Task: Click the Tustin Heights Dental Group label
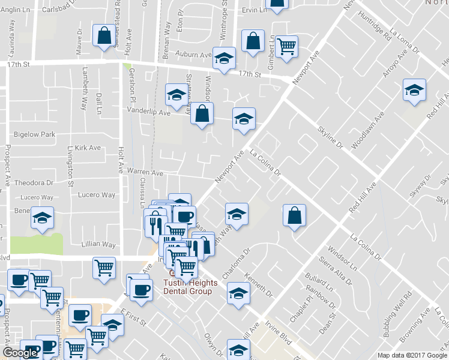coord(187,287)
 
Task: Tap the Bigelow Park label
coord(34,134)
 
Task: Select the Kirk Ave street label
coord(88,148)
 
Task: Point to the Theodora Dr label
coord(34,182)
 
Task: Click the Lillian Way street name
coord(98,245)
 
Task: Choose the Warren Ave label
coord(145,173)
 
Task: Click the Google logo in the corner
coord(20,353)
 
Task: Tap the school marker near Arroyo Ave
coord(414,90)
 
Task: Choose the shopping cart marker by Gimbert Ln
coord(287,46)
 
